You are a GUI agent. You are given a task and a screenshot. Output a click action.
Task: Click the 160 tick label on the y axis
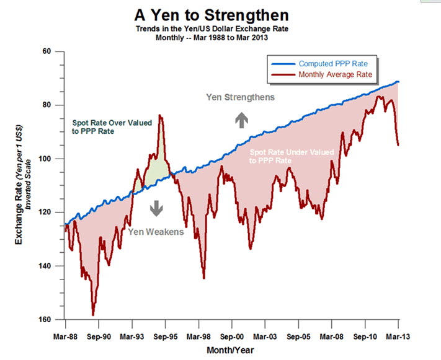click(45, 320)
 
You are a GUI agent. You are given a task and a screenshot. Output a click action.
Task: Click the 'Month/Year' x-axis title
click(229, 350)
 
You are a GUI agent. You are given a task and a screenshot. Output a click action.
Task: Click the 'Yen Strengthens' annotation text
click(241, 97)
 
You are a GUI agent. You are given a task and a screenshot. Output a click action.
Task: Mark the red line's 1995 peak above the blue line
click(161, 115)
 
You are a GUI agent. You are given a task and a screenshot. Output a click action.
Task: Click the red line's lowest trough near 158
click(93, 315)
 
